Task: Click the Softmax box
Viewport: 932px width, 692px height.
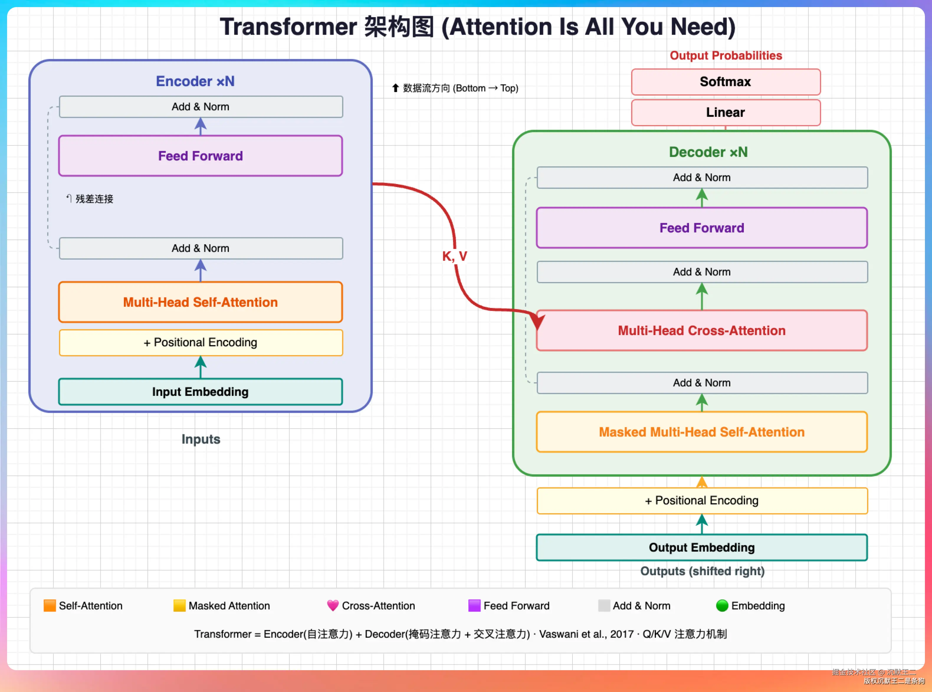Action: click(x=726, y=82)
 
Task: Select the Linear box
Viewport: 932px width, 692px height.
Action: click(x=726, y=113)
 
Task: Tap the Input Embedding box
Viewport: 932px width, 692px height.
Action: click(x=201, y=392)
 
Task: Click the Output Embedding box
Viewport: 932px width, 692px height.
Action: click(x=702, y=547)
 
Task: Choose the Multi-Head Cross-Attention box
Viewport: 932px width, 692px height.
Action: click(x=702, y=330)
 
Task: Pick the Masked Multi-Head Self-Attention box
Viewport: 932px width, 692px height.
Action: click(x=702, y=432)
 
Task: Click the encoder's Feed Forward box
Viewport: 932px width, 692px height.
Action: click(x=201, y=156)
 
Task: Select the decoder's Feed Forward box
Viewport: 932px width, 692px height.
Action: click(x=702, y=228)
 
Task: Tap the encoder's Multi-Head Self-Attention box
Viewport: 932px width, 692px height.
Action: click(x=201, y=302)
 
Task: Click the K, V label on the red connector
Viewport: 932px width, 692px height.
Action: click(x=454, y=256)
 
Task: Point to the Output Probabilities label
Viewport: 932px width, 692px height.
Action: click(x=726, y=56)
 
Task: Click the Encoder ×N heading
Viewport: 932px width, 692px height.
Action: click(x=195, y=81)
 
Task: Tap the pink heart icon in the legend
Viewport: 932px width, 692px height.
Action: click(x=333, y=606)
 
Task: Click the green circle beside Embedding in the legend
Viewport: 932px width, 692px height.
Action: click(x=722, y=606)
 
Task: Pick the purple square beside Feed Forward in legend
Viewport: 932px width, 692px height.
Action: click(x=474, y=606)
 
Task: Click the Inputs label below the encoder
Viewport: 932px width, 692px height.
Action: click(x=201, y=440)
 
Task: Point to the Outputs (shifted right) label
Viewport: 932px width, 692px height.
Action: click(x=703, y=571)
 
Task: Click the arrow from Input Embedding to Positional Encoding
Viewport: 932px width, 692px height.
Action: click(x=201, y=367)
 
